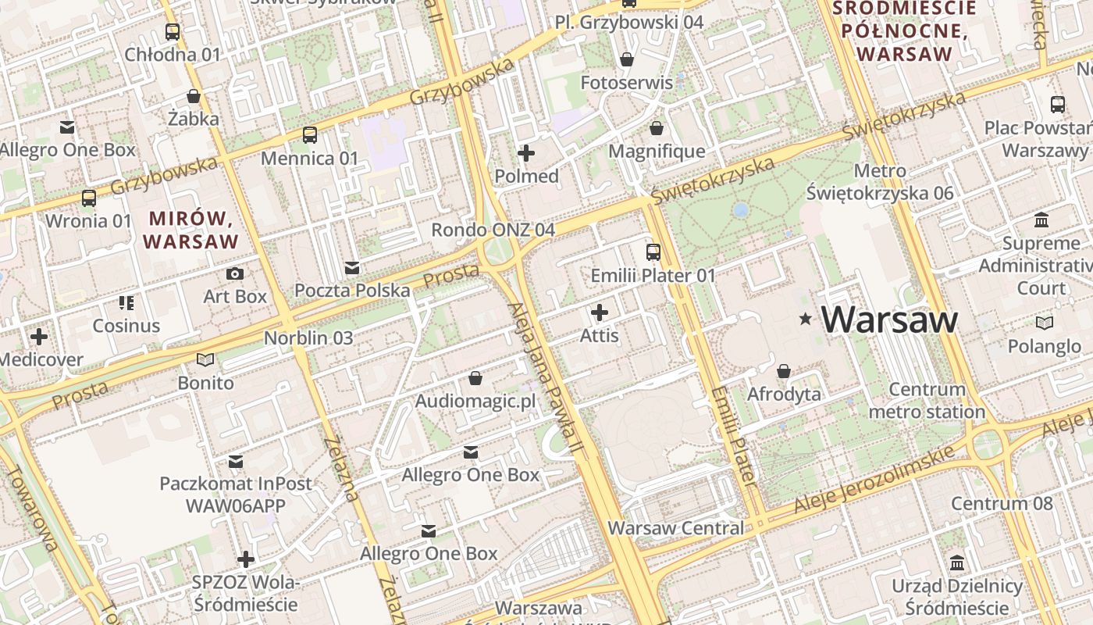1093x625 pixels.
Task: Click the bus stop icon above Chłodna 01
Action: tap(173, 32)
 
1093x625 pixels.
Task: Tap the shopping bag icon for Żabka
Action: tap(193, 97)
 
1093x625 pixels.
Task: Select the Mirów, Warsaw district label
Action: tap(190, 230)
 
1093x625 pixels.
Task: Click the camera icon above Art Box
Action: tap(234, 273)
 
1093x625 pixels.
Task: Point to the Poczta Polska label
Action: tap(352, 291)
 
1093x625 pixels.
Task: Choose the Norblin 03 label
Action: tap(308, 338)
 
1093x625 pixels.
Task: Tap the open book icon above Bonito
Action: tap(205, 360)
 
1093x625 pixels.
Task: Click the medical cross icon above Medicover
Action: tap(38, 337)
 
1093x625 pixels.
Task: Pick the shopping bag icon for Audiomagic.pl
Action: tap(475, 379)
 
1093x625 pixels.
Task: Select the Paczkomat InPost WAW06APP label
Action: tap(236, 495)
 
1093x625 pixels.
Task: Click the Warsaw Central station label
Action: tap(676, 528)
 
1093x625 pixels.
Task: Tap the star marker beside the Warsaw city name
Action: tap(805, 320)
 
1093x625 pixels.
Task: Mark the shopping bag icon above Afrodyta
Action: tap(784, 371)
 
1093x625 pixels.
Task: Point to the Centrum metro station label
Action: tap(927, 401)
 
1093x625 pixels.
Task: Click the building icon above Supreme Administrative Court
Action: tap(1041, 220)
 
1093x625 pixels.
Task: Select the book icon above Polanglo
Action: tap(1044, 323)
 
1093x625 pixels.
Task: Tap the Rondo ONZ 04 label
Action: tap(493, 230)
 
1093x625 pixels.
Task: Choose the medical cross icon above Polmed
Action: tap(526, 153)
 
